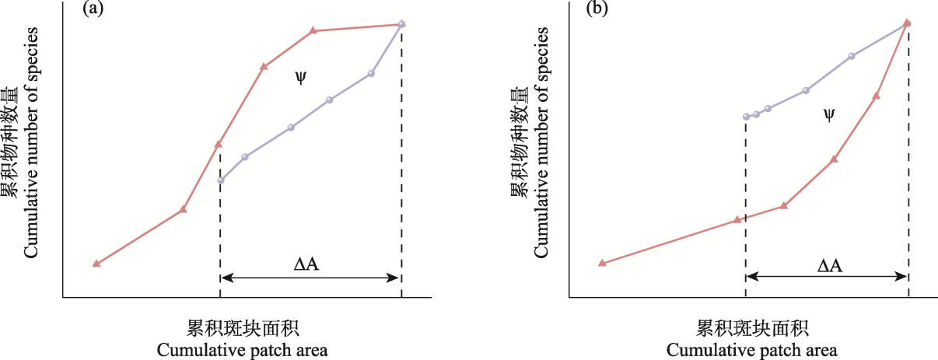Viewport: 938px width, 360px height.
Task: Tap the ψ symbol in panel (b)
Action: pyautogui.click(x=829, y=114)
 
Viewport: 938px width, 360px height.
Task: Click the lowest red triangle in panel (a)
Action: pyautogui.click(x=96, y=264)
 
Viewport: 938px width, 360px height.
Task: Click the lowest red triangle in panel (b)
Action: pyautogui.click(x=601, y=263)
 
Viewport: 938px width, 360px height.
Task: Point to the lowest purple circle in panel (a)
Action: pyautogui.click(x=221, y=180)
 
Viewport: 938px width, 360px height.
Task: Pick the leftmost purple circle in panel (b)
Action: pyautogui.click(x=746, y=116)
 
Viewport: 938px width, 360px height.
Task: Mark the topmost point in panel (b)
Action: pyautogui.click(x=907, y=23)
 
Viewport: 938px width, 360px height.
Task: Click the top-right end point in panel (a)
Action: pyautogui.click(x=401, y=24)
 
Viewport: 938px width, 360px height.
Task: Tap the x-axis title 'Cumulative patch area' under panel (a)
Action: pyautogui.click(x=242, y=349)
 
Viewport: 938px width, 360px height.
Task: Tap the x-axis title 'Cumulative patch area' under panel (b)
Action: pyautogui.click(x=752, y=349)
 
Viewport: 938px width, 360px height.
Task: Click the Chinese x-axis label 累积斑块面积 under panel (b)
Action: pyautogui.click(x=752, y=327)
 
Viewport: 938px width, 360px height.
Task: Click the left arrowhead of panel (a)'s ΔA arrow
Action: pyautogui.click(x=224, y=278)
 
